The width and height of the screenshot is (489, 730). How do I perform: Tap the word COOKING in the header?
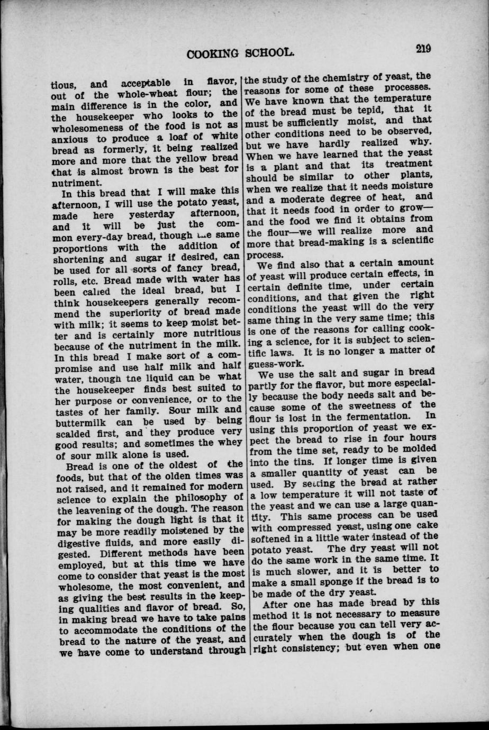point(214,53)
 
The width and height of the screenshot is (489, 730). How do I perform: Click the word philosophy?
point(200,497)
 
